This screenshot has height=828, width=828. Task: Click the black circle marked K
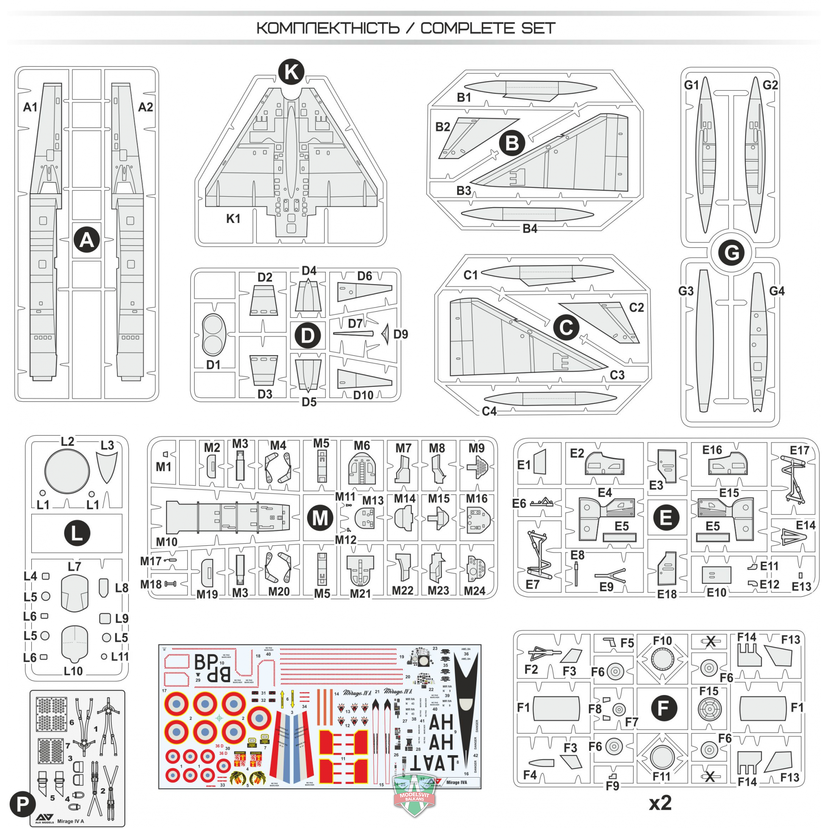(x=292, y=72)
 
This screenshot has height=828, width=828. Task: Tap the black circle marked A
(x=86, y=240)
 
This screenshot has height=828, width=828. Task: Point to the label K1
(x=233, y=219)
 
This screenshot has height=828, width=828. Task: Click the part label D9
(x=401, y=334)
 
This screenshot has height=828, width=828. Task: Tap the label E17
(x=800, y=450)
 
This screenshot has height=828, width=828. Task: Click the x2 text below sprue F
(x=660, y=803)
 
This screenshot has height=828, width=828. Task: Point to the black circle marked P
(x=22, y=804)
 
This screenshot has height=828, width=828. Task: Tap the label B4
(x=530, y=228)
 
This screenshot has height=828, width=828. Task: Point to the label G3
(x=686, y=291)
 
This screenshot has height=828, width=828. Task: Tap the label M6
(x=362, y=446)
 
